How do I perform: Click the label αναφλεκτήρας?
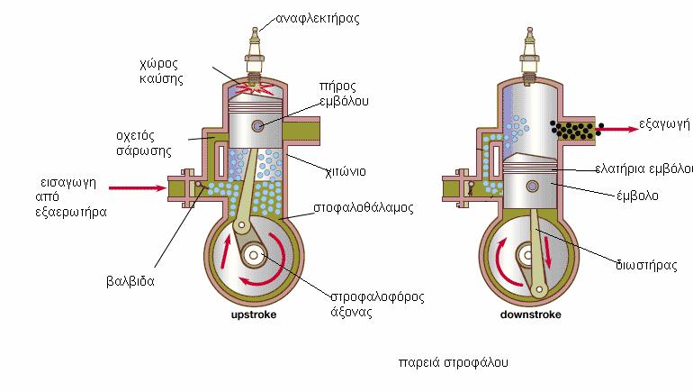[x=319, y=18]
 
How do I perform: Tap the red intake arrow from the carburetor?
[x=136, y=188]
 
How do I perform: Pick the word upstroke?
[x=252, y=315]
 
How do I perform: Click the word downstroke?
[x=530, y=315]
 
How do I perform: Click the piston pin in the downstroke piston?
[x=530, y=185]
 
